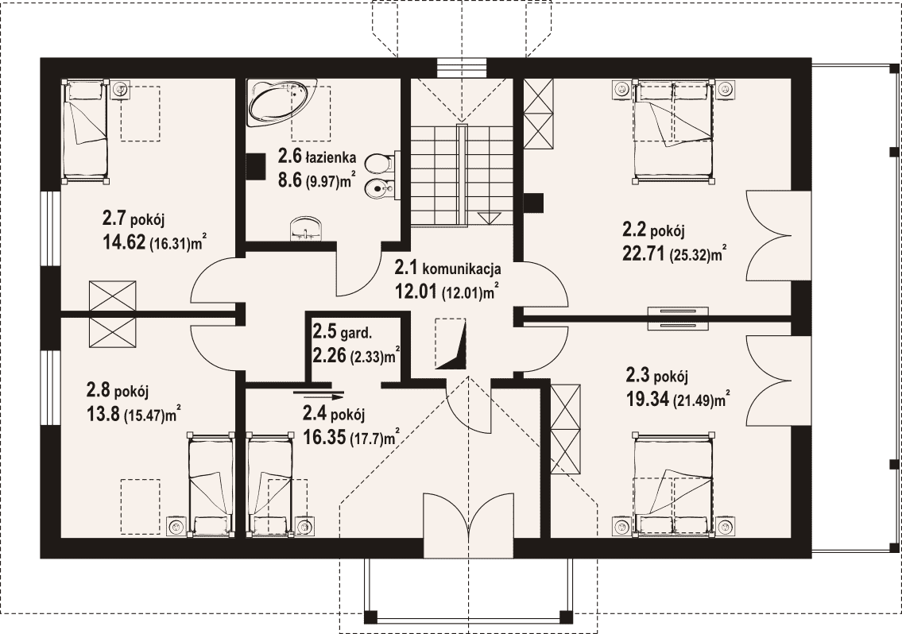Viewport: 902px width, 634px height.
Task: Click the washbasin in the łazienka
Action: (x=307, y=228)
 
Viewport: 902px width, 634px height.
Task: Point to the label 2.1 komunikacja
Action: (x=447, y=268)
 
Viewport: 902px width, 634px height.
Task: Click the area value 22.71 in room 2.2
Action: (x=643, y=253)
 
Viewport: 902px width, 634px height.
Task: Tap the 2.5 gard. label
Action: (x=343, y=331)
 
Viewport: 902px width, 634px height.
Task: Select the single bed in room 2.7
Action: (x=84, y=132)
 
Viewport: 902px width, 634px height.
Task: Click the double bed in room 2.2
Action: (x=674, y=132)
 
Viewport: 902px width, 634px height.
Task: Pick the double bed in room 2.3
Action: (x=674, y=484)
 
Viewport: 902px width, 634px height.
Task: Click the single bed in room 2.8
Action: (x=211, y=484)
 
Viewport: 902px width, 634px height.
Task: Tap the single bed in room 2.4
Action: (x=269, y=484)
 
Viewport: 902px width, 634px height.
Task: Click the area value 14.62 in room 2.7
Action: (x=124, y=243)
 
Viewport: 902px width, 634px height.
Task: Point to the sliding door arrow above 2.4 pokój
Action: (x=318, y=395)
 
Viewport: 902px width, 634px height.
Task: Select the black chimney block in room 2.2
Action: (x=533, y=201)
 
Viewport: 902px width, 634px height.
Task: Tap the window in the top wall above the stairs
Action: (x=462, y=68)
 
